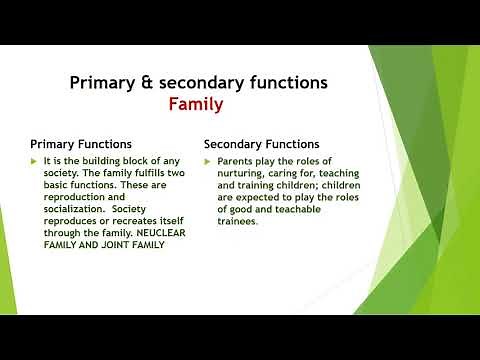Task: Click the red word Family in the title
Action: tap(195, 103)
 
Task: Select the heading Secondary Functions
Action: tap(262, 144)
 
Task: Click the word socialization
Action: tap(77, 209)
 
